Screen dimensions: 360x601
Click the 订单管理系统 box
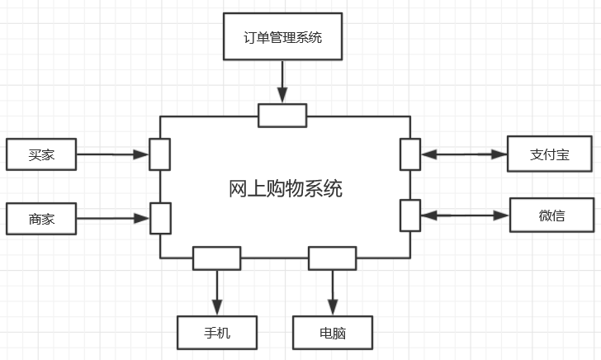click(282, 37)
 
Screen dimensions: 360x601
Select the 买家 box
click(40, 154)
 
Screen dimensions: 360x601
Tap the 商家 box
click(40, 220)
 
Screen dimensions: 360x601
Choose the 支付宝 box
click(549, 154)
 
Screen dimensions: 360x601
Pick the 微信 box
click(552, 216)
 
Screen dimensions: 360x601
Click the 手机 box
click(217, 333)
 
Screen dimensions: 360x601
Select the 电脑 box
click(332, 333)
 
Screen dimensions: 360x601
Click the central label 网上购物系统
click(285, 189)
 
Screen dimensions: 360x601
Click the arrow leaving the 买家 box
click(112, 154)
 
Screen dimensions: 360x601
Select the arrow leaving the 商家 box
click(112, 219)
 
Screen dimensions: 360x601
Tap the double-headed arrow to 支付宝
click(463, 154)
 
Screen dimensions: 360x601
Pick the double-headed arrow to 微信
click(465, 216)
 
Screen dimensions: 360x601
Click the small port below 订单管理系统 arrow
click(282, 116)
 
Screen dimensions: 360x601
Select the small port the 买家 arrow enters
click(160, 154)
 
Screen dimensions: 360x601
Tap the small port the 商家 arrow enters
click(160, 218)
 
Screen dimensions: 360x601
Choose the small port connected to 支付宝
click(410, 154)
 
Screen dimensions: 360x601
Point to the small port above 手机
click(217, 258)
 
